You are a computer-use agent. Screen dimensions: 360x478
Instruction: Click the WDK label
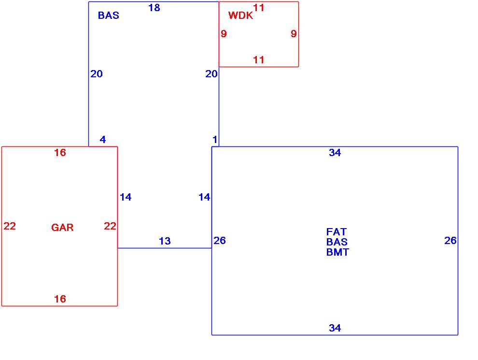(240, 15)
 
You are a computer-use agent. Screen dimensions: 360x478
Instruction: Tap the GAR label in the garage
(62, 228)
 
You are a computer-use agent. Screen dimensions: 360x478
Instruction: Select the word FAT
(336, 232)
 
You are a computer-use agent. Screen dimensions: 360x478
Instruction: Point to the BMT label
(337, 252)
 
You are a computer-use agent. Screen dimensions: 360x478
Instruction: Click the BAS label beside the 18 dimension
(108, 15)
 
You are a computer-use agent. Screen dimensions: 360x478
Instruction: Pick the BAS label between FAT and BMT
(337, 242)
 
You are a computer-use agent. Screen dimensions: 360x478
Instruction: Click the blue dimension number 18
(154, 8)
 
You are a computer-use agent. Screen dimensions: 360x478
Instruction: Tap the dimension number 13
(165, 241)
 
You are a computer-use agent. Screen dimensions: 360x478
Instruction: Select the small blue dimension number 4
(103, 140)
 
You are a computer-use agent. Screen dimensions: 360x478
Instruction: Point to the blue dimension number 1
(215, 140)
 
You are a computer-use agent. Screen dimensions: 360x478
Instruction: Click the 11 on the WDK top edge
(259, 8)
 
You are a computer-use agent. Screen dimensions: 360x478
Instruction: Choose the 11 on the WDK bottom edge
(259, 60)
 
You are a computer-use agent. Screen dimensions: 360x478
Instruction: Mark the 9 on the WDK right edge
(294, 34)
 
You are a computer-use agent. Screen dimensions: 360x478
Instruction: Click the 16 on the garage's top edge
(60, 153)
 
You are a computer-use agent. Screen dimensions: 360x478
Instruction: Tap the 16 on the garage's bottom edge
(60, 299)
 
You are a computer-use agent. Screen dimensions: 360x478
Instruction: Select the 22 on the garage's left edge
(10, 226)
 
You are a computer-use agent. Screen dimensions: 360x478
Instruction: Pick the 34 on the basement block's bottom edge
(335, 328)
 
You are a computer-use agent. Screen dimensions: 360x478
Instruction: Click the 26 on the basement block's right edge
(450, 241)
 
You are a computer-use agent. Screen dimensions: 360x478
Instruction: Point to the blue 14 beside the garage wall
(126, 197)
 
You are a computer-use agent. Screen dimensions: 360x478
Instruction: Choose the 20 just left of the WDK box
(211, 74)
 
